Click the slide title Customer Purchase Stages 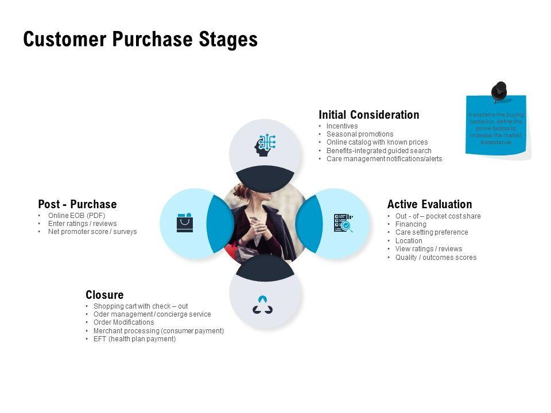click(x=140, y=40)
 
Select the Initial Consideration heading click(x=368, y=115)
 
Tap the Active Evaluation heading click(x=429, y=204)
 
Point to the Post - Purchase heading click(x=77, y=204)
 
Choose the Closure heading click(x=104, y=295)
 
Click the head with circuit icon click(x=265, y=145)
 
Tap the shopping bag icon click(x=185, y=223)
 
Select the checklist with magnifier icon click(x=343, y=223)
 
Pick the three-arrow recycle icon click(x=263, y=305)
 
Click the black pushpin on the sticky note click(x=499, y=91)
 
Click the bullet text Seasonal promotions click(x=360, y=134)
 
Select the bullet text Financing click(x=411, y=224)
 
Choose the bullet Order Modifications click(x=123, y=322)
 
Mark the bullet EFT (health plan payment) click(x=134, y=339)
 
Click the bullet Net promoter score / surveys click(x=92, y=232)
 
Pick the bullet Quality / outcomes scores click(x=436, y=258)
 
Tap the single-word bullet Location click(x=409, y=241)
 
